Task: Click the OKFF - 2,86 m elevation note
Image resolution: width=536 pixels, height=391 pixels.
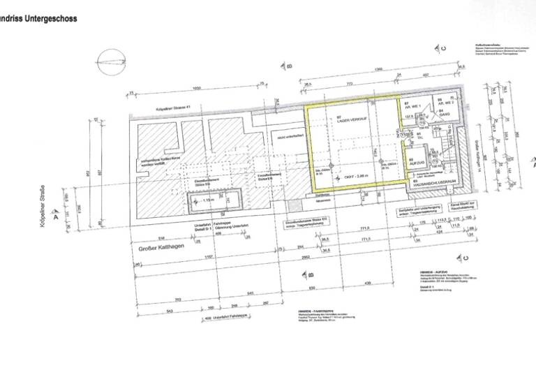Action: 356,177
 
